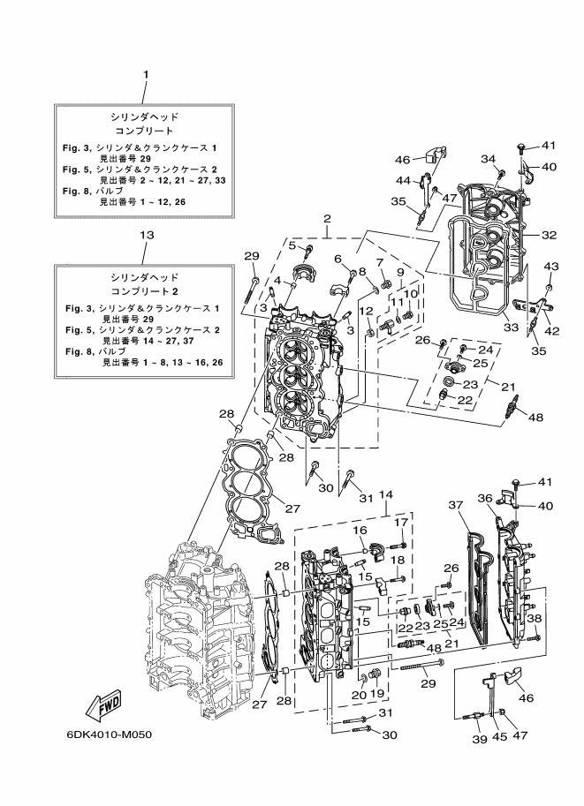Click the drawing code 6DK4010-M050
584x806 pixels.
109,734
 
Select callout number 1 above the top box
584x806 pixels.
146,74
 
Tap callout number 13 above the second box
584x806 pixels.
147,235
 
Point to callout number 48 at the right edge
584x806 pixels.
535,418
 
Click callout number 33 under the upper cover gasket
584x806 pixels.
511,326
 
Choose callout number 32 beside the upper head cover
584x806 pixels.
549,235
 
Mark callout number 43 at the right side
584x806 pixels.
551,267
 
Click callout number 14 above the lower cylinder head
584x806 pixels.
386,494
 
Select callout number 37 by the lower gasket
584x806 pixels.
456,505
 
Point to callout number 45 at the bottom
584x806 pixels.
499,736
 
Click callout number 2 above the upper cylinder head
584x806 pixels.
327,219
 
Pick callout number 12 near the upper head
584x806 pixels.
366,311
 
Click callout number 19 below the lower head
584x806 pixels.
377,693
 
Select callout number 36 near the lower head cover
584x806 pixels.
485,498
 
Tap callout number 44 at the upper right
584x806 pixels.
403,180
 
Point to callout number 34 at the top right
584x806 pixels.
489,159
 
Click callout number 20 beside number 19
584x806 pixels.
359,695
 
